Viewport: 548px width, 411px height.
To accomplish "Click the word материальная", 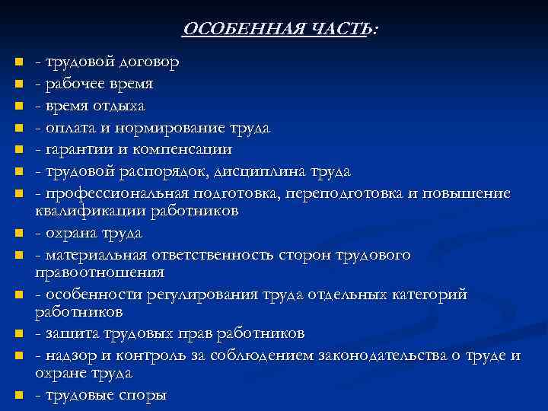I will click(94, 254).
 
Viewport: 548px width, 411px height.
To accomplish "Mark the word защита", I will click(68, 333).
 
